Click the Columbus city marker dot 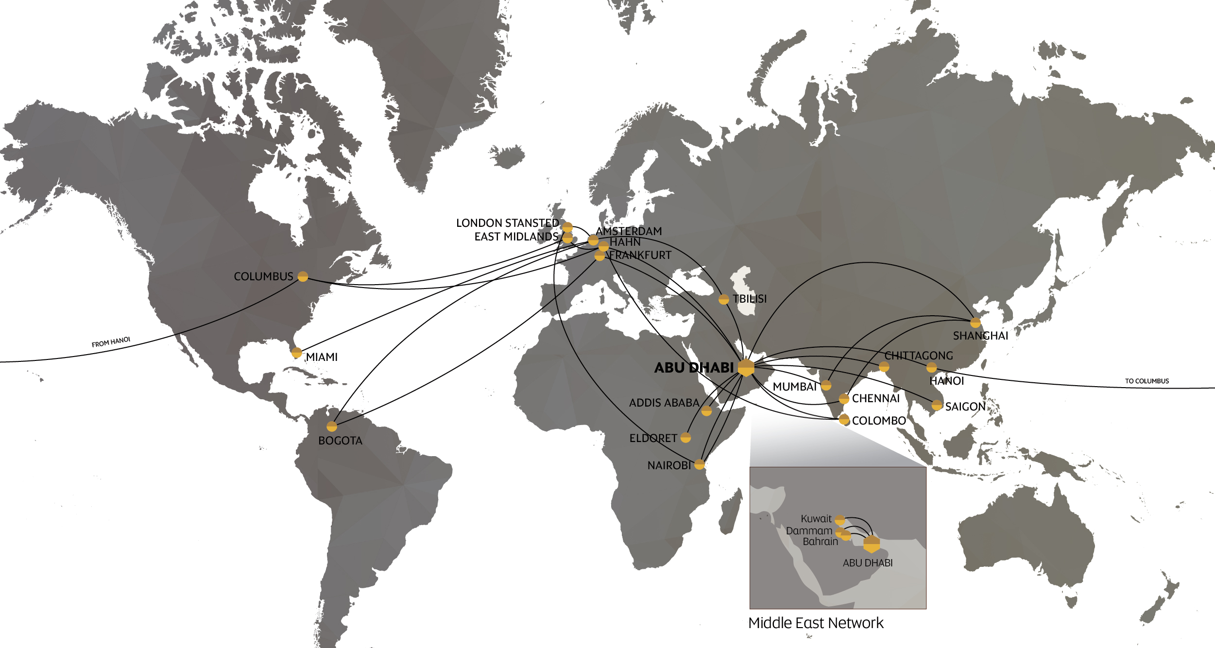(x=303, y=277)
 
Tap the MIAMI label (x=321, y=357)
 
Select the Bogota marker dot (x=332, y=426)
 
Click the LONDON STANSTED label (x=507, y=223)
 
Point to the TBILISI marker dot (x=724, y=299)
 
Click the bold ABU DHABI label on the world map (x=694, y=368)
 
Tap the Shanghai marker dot (x=975, y=323)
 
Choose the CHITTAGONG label (x=919, y=356)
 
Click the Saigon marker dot (x=937, y=405)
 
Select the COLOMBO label (x=879, y=421)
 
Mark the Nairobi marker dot (x=700, y=464)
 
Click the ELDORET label (x=653, y=438)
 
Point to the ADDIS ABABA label (x=664, y=403)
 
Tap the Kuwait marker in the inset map (x=840, y=520)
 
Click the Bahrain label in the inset (x=820, y=542)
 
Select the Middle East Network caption (x=816, y=623)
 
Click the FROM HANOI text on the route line (x=111, y=342)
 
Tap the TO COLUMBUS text (x=1147, y=381)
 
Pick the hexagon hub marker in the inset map (x=872, y=544)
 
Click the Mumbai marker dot (x=826, y=386)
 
